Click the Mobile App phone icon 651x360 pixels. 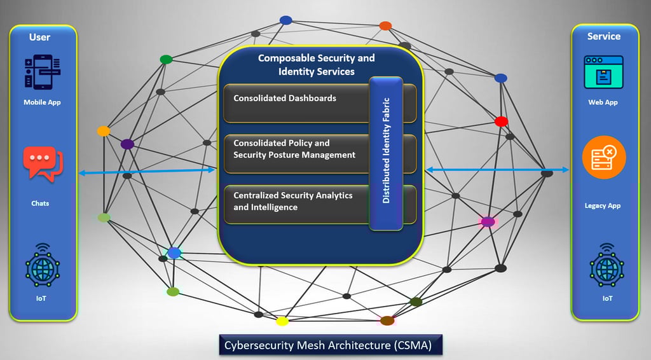pos(43,72)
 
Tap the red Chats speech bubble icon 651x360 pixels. pos(43,163)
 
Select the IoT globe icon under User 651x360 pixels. pos(43,266)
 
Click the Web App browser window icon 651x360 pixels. pos(603,73)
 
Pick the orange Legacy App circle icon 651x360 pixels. pos(604,157)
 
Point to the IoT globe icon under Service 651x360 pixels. pos(606,266)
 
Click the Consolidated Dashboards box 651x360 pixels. pos(320,104)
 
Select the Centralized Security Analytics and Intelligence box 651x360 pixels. pos(320,205)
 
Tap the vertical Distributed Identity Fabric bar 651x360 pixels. pos(386,153)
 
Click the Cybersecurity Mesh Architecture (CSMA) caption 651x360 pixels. pos(331,345)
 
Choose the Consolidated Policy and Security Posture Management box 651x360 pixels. pos(320,154)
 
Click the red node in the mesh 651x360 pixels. pos(501,121)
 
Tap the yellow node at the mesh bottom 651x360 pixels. pos(282,321)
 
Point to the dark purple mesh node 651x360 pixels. pos(127,144)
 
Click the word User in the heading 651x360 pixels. pos(39,38)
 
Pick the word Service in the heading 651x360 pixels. pos(604,36)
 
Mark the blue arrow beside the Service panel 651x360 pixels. pos(497,169)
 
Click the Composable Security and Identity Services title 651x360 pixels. pos(317,64)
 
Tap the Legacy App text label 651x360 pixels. pos(603,205)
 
